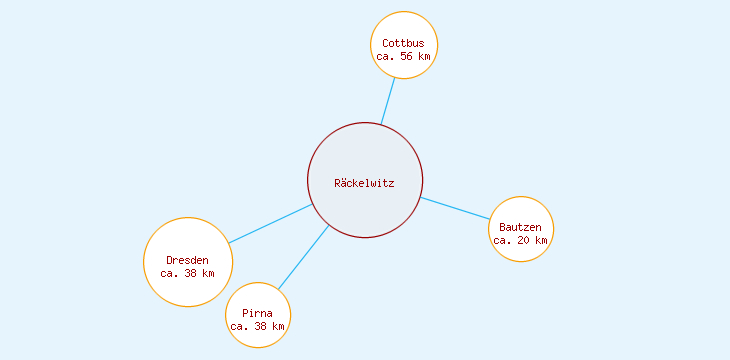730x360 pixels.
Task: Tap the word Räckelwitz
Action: pos(365,183)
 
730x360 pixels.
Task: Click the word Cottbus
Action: pos(404,43)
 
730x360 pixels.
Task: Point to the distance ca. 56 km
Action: pos(404,57)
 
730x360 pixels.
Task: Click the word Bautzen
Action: pos(521,227)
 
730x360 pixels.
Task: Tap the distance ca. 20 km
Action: pos(521,240)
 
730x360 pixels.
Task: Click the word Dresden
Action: pos(188,260)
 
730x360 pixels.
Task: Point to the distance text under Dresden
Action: pos(188,273)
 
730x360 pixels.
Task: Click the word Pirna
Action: pos(258,313)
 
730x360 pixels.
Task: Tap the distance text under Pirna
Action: pos(258,326)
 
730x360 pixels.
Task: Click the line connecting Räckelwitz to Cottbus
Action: pos(388,100)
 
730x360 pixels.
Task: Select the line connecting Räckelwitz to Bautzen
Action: pos(455,208)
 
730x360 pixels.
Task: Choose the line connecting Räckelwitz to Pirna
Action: pos(303,258)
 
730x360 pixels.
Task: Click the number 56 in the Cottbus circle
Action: pos(407,57)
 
